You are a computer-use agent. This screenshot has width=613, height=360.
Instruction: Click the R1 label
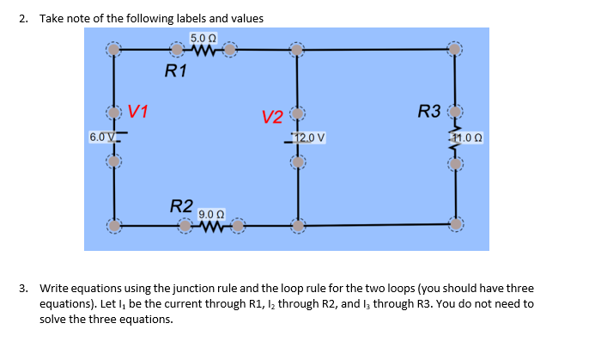point(175,71)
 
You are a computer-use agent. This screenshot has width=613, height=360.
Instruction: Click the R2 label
point(180,206)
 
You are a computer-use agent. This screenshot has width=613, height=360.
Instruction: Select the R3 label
point(428,111)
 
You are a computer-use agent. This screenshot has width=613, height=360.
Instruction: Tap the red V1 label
point(139,111)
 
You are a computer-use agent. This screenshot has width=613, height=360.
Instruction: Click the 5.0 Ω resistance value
point(203,37)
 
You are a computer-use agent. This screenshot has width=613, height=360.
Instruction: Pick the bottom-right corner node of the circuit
point(456,226)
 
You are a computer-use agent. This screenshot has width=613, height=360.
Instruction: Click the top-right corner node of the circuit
point(456,50)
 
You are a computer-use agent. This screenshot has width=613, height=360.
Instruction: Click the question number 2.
point(23,18)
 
